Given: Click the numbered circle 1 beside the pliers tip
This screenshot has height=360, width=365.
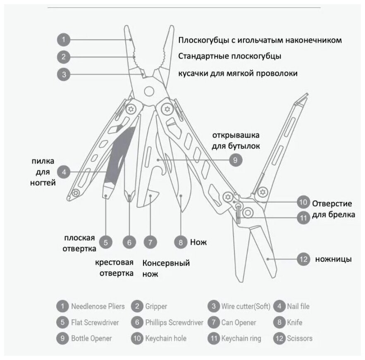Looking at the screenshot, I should click(x=63, y=40).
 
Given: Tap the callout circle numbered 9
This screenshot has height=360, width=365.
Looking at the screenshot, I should click(x=235, y=160).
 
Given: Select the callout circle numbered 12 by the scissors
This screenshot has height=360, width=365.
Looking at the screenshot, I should click(x=303, y=259).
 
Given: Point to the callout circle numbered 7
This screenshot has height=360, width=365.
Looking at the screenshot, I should click(x=150, y=242).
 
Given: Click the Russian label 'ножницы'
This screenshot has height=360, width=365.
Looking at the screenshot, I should click(x=333, y=260).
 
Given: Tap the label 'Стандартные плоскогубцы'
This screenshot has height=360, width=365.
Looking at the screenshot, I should click(x=230, y=56).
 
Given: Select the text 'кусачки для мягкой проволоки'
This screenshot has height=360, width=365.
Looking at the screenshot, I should click(x=238, y=73).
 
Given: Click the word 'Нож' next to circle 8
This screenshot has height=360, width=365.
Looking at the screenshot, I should click(x=198, y=242).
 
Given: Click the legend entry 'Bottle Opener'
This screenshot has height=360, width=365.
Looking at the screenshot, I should click(x=91, y=338).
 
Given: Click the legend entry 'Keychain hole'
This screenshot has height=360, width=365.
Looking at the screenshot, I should click(x=165, y=338).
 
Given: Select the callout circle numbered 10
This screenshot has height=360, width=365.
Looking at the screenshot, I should click(x=303, y=202).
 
